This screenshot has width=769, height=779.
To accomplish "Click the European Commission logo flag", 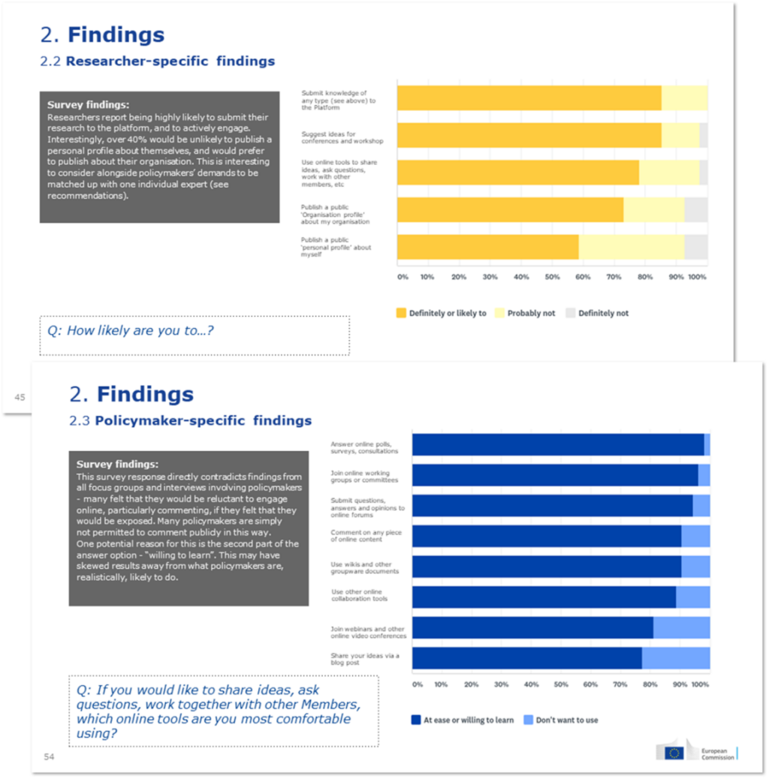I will click(x=674, y=753).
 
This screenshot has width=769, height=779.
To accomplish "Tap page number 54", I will click(x=49, y=757).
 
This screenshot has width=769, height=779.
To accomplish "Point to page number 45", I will click(x=20, y=397).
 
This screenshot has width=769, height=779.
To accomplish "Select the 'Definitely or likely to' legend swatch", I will click(x=401, y=313).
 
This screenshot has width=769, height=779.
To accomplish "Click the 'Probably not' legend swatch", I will click(x=499, y=313).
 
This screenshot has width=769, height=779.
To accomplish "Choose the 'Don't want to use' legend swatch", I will click(x=528, y=720).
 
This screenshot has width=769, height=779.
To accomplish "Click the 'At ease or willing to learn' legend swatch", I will click(x=415, y=720).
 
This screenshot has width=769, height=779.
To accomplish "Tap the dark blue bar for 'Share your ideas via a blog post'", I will click(x=526, y=658).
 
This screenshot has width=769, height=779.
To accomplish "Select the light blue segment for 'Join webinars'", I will click(x=681, y=627).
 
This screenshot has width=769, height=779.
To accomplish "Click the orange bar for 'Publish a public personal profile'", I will click(x=487, y=247).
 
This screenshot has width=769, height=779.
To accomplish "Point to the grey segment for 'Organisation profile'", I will click(x=695, y=209).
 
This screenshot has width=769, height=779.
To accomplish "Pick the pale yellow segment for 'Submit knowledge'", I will click(x=684, y=98).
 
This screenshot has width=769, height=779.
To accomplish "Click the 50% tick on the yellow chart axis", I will click(x=552, y=277).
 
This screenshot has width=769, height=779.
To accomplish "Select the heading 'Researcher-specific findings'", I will click(x=170, y=62).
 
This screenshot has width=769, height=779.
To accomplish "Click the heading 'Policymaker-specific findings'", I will click(x=203, y=421).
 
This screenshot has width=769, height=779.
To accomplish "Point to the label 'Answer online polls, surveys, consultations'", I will click(x=365, y=447).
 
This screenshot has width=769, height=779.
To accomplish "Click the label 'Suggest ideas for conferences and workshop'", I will click(x=342, y=138).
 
